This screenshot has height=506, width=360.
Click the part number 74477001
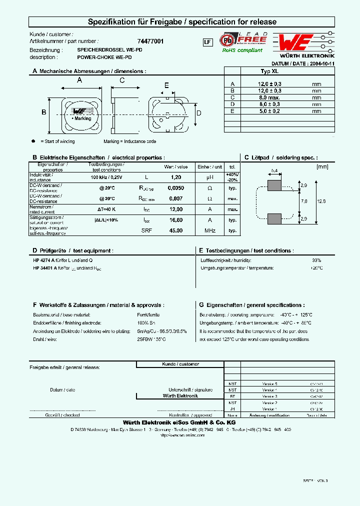click(x=150, y=41)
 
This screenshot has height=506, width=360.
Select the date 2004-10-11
click(x=321, y=64)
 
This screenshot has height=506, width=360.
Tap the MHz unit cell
click(x=210, y=230)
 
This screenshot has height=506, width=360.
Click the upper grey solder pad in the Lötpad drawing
click(x=274, y=186)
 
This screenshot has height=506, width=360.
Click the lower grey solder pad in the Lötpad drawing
click(x=274, y=218)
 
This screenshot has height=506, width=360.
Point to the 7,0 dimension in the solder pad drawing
click(x=303, y=201)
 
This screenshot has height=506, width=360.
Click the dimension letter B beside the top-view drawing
click(x=43, y=112)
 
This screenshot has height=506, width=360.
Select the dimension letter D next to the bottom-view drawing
click(x=198, y=113)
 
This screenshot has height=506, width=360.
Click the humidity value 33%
click(x=316, y=260)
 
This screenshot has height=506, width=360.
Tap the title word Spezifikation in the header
click(x=111, y=22)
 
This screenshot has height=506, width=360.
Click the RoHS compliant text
click(x=242, y=50)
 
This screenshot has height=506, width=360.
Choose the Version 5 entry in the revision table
click(x=269, y=383)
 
